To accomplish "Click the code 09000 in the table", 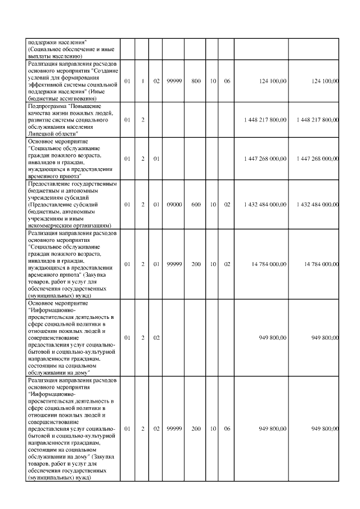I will click(174, 205).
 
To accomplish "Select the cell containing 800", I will click(196, 82).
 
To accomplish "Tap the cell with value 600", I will click(196, 205).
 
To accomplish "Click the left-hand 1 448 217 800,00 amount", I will click(266, 120).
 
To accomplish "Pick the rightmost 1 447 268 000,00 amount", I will click(318, 159).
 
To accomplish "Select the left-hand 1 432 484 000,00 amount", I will click(266, 205).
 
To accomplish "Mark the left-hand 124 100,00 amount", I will click(274, 82).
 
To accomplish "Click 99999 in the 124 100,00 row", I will click(174, 82).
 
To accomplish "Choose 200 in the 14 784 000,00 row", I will click(196, 263).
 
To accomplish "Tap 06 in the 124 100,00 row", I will click(227, 82).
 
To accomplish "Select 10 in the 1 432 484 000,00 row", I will click(213, 205).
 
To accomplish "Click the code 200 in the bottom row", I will click(196, 429).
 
